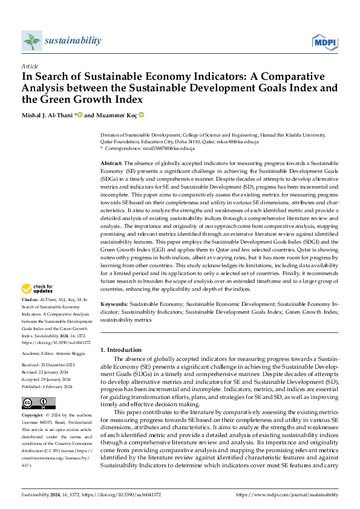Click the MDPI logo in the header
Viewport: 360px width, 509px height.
(325, 41)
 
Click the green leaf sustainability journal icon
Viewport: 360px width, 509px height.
(31, 41)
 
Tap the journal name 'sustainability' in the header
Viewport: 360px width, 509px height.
(73, 41)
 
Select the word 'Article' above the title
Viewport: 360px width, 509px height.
(30, 65)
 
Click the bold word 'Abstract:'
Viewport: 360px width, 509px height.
(111, 163)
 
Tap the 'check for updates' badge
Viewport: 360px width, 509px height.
(38, 289)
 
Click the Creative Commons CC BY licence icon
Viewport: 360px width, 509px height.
(38, 403)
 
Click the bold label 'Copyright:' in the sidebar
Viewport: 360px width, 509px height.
(33, 417)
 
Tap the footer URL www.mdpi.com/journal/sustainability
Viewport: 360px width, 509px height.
(287, 494)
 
